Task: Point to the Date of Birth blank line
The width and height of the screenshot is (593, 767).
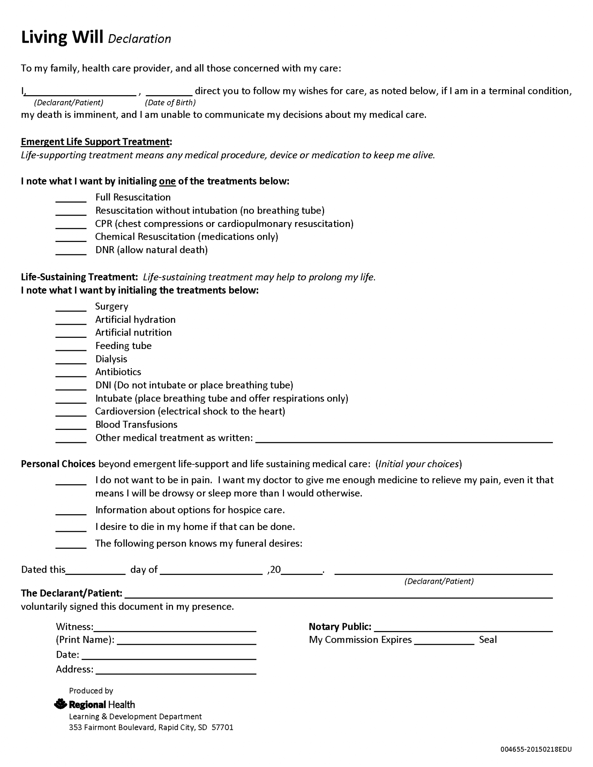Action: coord(169,93)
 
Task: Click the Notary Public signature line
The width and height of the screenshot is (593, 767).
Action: coord(463,629)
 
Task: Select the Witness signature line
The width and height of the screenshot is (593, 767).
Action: coord(175,629)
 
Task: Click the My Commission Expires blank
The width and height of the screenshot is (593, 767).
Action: coord(444,642)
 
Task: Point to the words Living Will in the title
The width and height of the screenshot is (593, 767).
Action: coord(62,37)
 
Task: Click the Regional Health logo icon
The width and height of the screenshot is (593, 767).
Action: coord(60,704)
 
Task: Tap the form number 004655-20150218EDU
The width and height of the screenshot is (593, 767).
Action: coord(536,749)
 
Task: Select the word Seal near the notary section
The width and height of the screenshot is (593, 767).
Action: coord(487,640)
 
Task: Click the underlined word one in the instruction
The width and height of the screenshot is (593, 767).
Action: coord(167,181)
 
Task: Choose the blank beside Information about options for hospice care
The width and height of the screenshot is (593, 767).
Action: coord(71,512)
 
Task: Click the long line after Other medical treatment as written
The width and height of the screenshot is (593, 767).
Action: coord(404,440)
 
